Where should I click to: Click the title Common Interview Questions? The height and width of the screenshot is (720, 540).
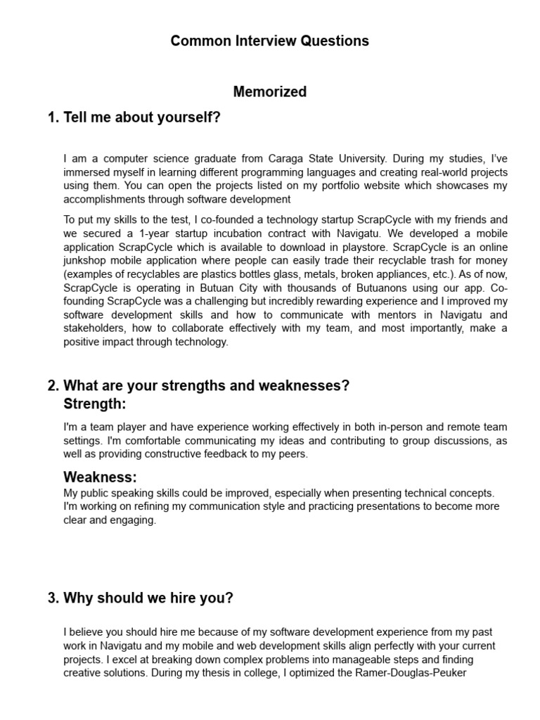coord(269,41)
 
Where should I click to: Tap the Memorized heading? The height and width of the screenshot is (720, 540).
coord(269,91)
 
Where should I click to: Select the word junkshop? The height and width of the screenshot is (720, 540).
coord(85,260)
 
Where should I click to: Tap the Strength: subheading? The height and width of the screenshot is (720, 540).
coord(95,404)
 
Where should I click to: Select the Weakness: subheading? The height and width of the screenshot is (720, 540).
coord(100,477)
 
